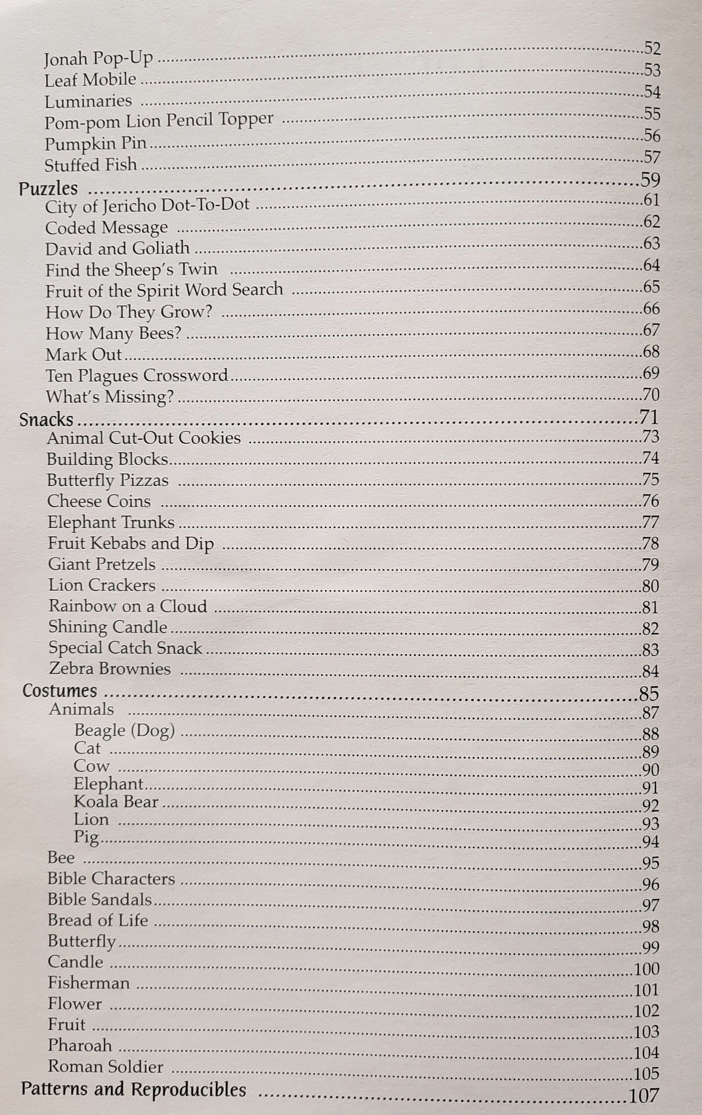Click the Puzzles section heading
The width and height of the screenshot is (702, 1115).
[x=48, y=189]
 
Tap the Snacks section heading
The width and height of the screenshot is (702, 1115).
[x=47, y=419]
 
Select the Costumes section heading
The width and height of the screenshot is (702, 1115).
[x=60, y=691]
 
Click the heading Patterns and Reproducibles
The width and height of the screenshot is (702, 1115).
[x=133, y=1090]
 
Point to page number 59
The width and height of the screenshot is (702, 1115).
[x=650, y=180]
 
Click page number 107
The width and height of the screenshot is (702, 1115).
[x=644, y=1096]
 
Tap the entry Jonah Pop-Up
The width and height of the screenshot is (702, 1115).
[x=98, y=59]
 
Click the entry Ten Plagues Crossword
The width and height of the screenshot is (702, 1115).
[x=137, y=376]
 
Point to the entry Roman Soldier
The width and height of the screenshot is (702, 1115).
[x=105, y=1066]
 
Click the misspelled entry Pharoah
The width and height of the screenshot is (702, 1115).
[x=80, y=1045]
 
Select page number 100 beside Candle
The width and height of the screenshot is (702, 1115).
[x=646, y=969]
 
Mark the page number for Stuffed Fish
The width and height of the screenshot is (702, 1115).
[x=651, y=157]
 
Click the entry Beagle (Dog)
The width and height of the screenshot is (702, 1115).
[x=124, y=731]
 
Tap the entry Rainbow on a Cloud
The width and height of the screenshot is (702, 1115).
[x=128, y=606]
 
